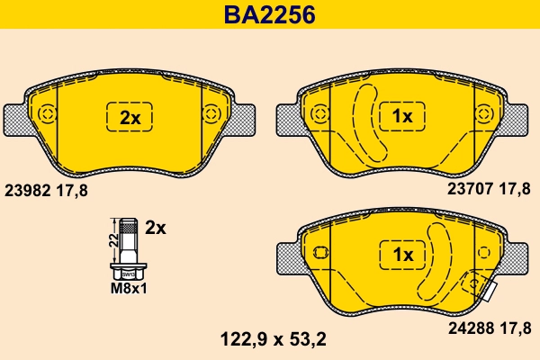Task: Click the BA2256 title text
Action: coord(269,14)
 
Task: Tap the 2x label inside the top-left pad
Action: coord(130,117)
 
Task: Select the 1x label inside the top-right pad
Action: coord(401,117)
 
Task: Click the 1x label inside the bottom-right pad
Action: coord(401,255)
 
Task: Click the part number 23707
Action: coord(470,189)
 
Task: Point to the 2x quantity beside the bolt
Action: coord(156,228)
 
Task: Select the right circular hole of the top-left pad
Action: coord(211,114)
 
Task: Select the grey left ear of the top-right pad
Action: coord(287,117)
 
